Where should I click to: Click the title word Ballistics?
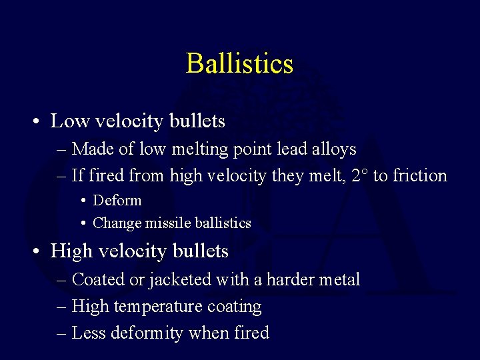[x=239, y=63]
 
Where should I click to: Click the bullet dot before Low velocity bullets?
[x=33, y=122]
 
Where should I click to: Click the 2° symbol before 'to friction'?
[x=361, y=175]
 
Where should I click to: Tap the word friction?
[x=420, y=175]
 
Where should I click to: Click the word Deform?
[x=117, y=200]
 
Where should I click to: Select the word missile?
[x=159, y=223]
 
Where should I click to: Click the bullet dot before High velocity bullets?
[x=33, y=251]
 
